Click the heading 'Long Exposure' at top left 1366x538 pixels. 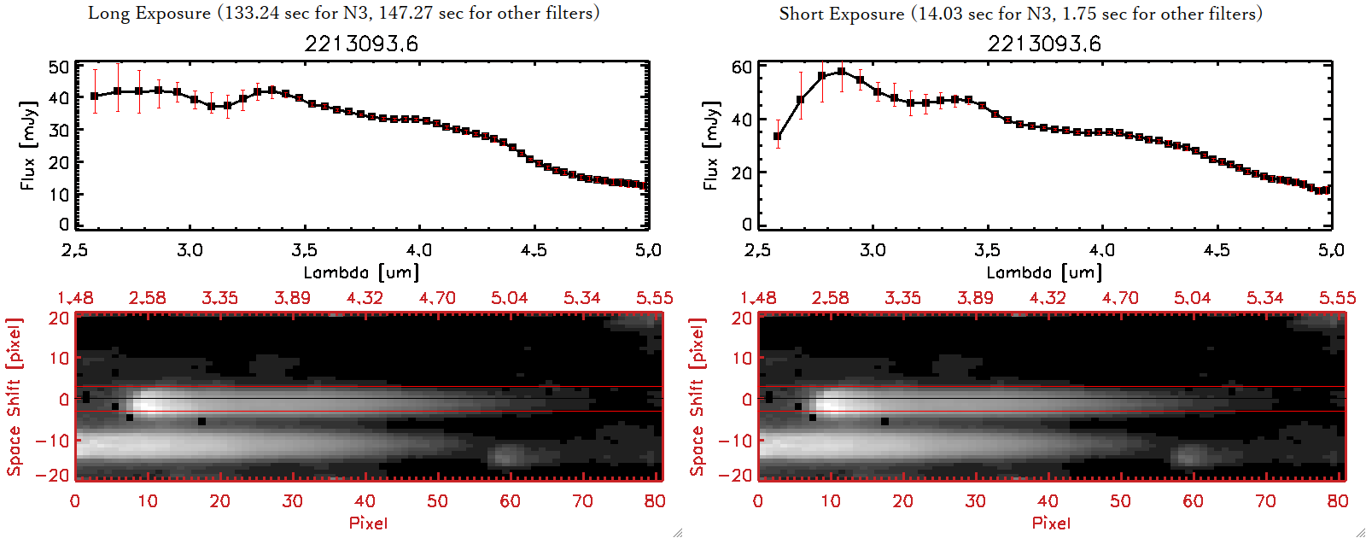coord(149,13)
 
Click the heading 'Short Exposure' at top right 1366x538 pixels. coord(841,14)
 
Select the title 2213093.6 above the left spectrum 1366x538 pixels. coord(361,44)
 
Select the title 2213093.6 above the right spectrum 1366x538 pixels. coord(1044,44)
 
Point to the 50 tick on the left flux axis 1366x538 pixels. coord(59,67)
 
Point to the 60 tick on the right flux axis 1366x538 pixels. coord(742,67)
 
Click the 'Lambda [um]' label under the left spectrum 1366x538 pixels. coord(361,272)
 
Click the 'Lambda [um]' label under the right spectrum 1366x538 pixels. coord(1044,272)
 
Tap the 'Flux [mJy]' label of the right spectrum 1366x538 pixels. coord(710,145)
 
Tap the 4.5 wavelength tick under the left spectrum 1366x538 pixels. coord(534,250)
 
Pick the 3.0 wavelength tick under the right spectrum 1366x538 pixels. coord(873,250)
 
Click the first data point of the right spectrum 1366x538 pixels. coord(777,137)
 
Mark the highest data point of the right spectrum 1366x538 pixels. coord(842,72)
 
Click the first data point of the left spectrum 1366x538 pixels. coord(95,96)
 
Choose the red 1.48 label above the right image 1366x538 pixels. coord(758,298)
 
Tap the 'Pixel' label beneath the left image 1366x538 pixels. coord(368,523)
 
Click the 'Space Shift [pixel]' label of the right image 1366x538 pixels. coord(698,397)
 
